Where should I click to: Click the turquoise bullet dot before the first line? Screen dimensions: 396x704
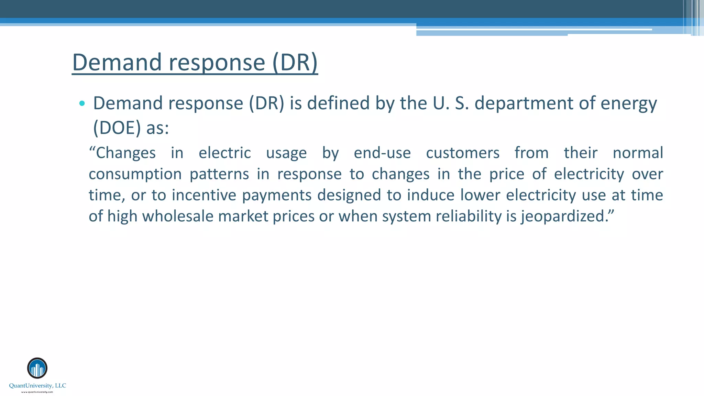[82, 103]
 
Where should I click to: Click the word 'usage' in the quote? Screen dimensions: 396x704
[286, 153]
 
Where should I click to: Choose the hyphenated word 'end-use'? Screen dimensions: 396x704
[382, 153]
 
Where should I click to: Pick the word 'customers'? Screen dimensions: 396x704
[463, 153]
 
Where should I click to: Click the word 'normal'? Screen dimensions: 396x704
[638, 153]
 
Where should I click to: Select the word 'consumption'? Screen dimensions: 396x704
[135, 174]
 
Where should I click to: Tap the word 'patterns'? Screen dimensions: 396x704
[219, 174]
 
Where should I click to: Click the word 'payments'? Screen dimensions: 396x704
[277, 196]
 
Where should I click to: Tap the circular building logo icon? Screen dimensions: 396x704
[37, 368]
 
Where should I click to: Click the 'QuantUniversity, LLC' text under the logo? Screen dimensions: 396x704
[37, 386]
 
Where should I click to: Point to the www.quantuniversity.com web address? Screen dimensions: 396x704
[37, 392]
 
